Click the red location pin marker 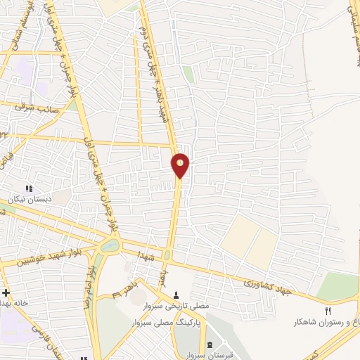point(181,165)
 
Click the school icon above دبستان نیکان point(29,188)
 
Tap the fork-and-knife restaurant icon point(328,311)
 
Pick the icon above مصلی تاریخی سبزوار point(176,293)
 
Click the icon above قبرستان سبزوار point(211,345)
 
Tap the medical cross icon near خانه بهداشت point(5,292)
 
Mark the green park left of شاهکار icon point(337,286)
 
